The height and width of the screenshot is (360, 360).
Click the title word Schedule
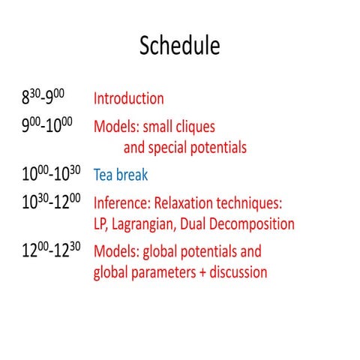pyautogui.click(x=180, y=46)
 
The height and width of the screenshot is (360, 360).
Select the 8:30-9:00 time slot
pyautogui.click(x=46, y=97)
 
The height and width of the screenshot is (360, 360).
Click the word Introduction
pyautogui.click(x=128, y=98)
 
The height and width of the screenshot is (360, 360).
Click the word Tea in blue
pyautogui.click(x=103, y=176)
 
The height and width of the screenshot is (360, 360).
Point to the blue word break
pyautogui.click(x=132, y=176)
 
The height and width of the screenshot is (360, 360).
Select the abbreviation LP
pyautogui.click(x=101, y=224)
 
